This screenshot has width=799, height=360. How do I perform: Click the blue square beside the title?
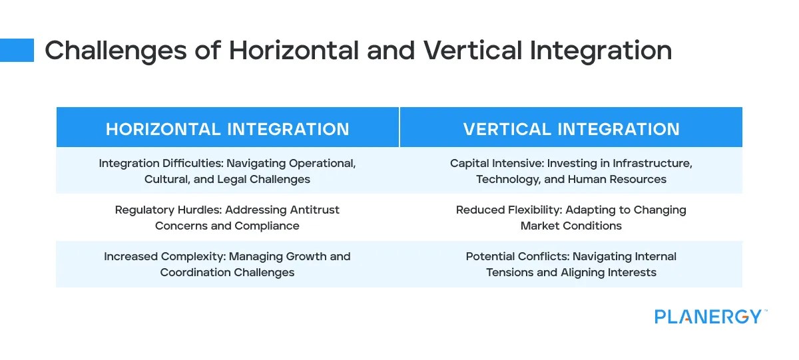(17, 51)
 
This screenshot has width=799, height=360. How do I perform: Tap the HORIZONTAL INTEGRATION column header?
(227, 129)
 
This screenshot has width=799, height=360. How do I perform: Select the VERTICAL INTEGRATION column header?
(571, 129)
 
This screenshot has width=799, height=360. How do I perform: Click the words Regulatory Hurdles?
(168, 210)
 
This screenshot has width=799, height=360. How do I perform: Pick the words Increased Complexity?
(158, 256)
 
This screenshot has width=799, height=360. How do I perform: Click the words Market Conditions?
(571, 226)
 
